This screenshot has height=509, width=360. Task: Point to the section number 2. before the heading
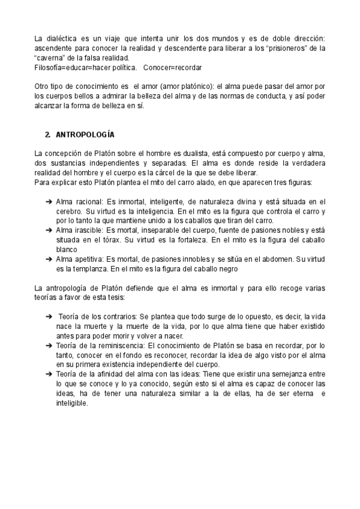[x=48, y=134]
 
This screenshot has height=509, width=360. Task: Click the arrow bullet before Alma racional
[x=49, y=202]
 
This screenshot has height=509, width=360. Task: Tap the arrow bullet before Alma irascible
[x=49, y=230]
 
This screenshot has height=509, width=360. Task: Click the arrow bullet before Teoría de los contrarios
[x=49, y=316]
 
